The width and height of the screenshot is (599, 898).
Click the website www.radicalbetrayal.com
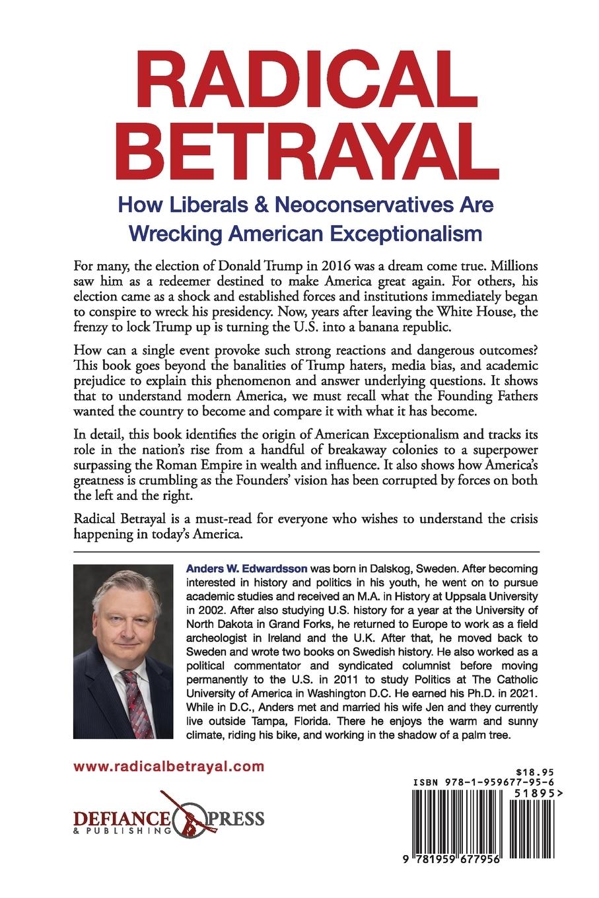click(169, 767)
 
